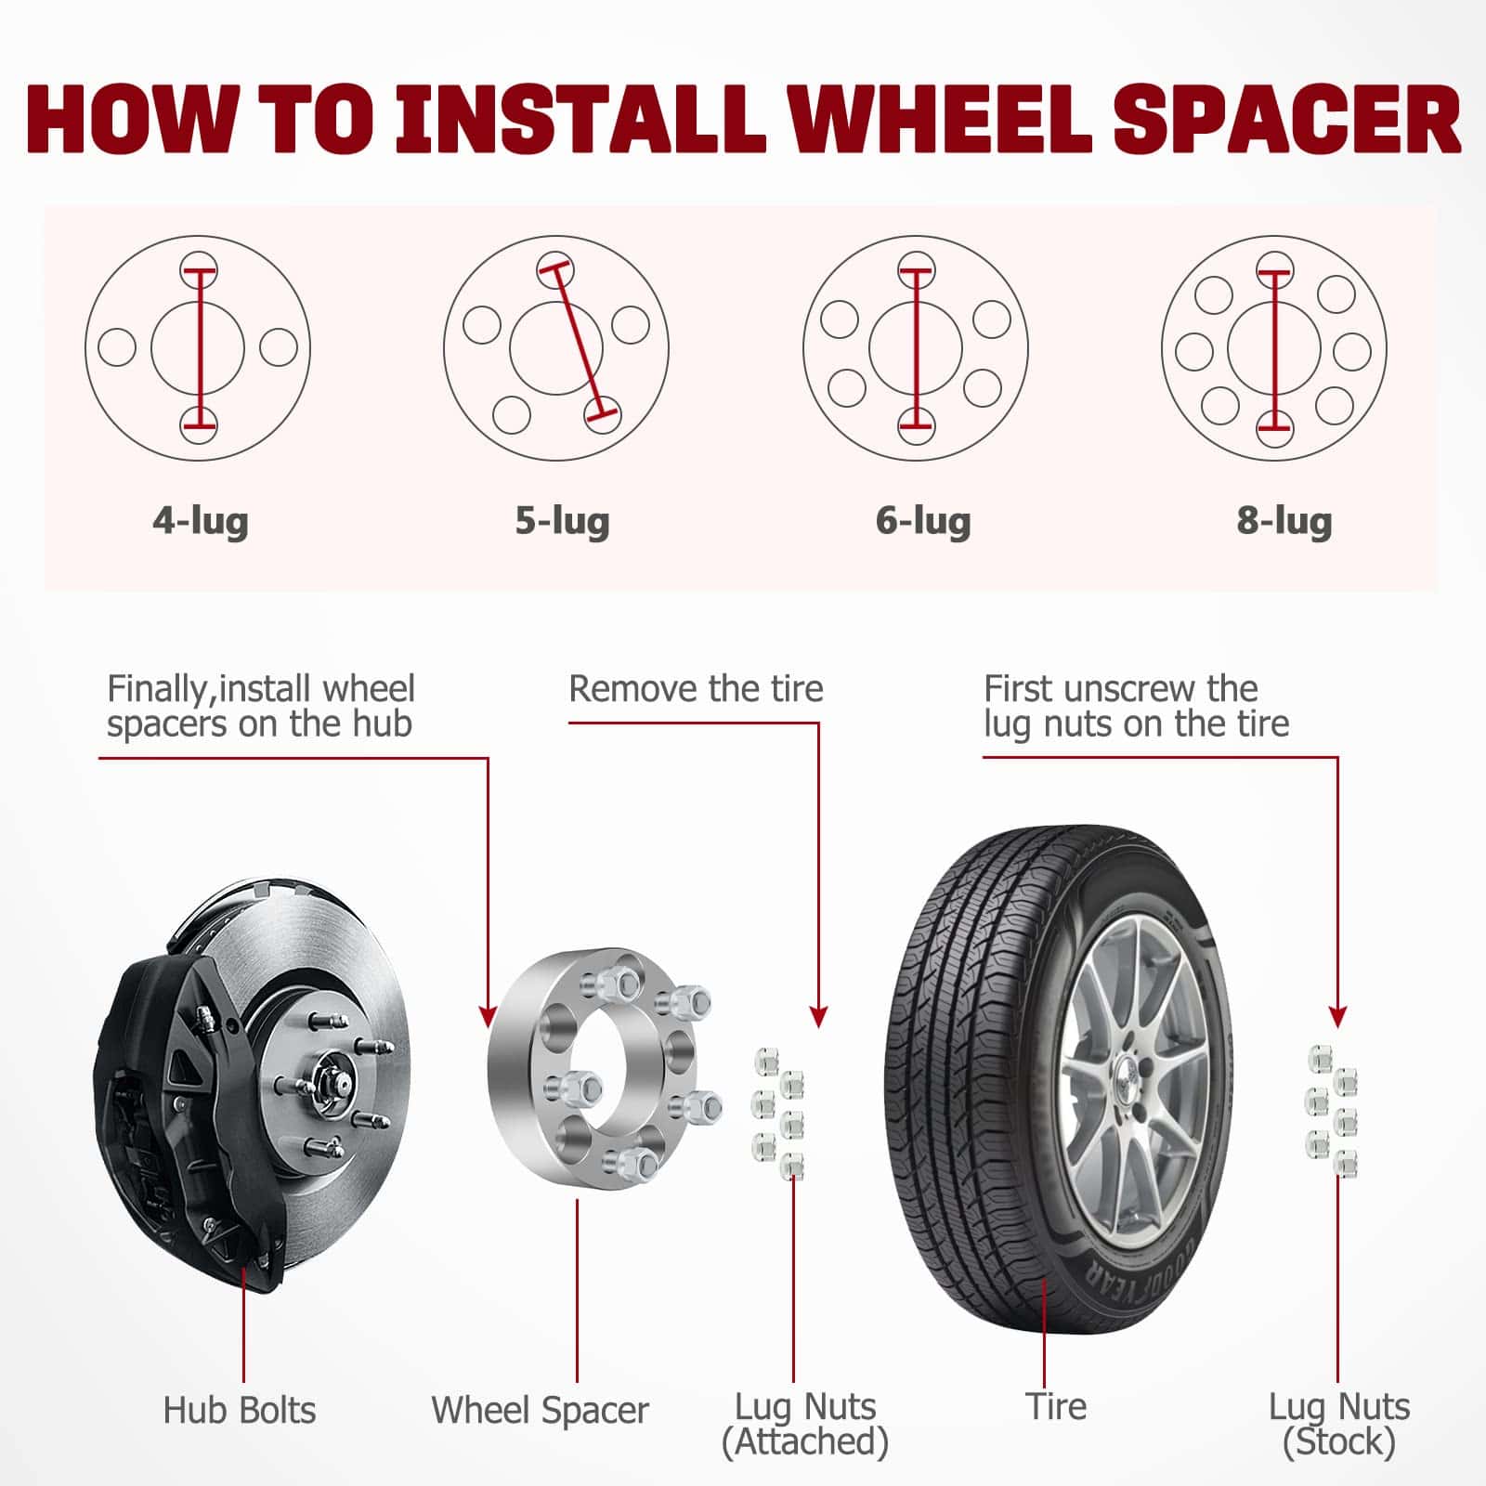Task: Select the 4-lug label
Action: [x=201, y=522]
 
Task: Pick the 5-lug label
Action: [x=563, y=522]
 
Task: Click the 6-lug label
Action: [x=923, y=522]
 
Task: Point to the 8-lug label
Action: [x=1284, y=522]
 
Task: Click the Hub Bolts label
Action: [x=240, y=1410]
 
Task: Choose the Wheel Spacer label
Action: [x=540, y=1410]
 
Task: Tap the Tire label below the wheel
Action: [x=1056, y=1406]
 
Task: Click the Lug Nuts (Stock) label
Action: [x=1339, y=1425]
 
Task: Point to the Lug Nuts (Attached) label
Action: [x=805, y=1425]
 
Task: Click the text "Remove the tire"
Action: [x=696, y=689]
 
